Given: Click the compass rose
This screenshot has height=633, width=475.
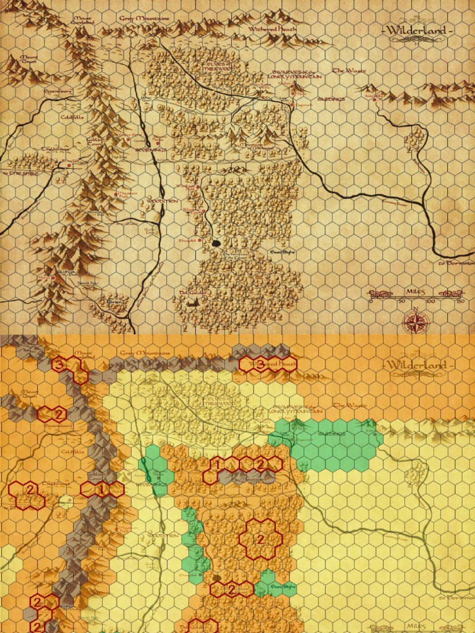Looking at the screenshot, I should click(416, 320).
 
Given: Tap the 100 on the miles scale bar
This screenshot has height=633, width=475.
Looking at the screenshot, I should click(430, 302).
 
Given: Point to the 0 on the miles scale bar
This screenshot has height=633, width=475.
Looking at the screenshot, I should click(371, 302).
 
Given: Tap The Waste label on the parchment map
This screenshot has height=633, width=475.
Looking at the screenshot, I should click(349, 71).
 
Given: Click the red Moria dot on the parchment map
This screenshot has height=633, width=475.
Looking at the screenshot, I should click(53, 278).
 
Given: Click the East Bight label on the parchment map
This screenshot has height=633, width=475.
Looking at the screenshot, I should click(282, 252).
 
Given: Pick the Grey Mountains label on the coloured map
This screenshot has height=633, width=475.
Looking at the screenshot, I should click(143, 353).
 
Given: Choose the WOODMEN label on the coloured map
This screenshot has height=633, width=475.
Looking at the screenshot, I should click(163, 535).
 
